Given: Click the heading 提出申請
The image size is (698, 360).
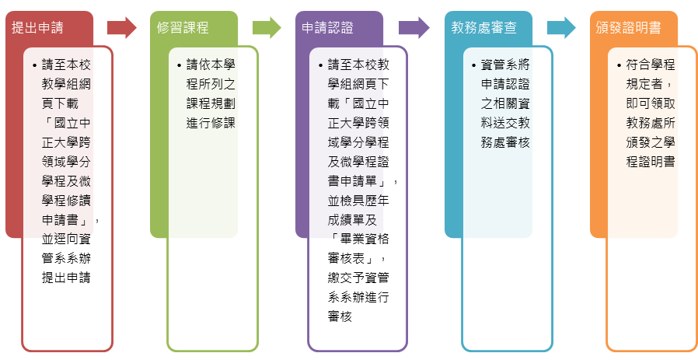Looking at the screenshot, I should point(37,28).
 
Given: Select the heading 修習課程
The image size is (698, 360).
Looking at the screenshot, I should point(183,28).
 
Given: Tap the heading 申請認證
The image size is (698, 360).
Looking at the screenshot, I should point(327,28).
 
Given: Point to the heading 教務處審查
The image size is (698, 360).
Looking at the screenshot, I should point(483,28).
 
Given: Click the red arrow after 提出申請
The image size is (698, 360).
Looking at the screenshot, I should point(121,28).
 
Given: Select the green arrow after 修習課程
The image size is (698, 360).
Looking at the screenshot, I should point(267,28).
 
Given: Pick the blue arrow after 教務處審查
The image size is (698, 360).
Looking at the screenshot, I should point(560,28).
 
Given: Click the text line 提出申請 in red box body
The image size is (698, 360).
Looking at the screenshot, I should point(67,278).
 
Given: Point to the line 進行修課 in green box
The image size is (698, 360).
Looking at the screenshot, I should point(211,123).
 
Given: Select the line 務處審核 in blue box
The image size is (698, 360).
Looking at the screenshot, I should point(505,142).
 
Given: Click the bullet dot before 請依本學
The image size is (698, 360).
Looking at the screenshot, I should point(179,65).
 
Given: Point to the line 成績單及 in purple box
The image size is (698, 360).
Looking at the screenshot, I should point(352,219).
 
